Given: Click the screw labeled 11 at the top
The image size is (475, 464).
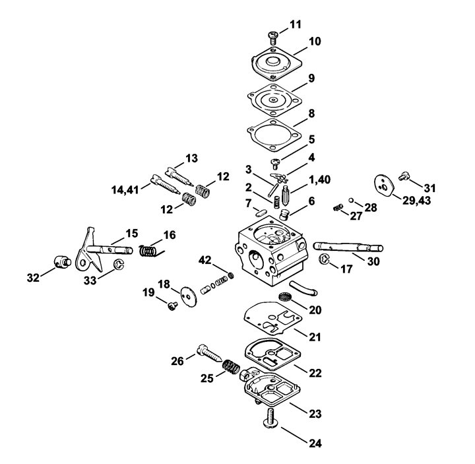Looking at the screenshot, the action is tap(273, 38).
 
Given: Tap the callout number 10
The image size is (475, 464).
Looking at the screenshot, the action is tap(315, 41).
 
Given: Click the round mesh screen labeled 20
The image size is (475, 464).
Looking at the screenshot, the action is tap(284, 296).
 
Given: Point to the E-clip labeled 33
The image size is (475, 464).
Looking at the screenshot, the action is tap(119, 264).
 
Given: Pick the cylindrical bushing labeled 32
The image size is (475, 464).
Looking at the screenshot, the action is tap(63, 261).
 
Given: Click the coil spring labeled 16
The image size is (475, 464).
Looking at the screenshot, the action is tap(150, 251).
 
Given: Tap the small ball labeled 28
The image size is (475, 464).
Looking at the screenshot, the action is tap(351, 200).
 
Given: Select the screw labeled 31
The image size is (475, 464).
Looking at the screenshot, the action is tap(403, 176).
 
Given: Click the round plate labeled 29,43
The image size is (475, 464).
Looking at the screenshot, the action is tap(384, 186).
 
